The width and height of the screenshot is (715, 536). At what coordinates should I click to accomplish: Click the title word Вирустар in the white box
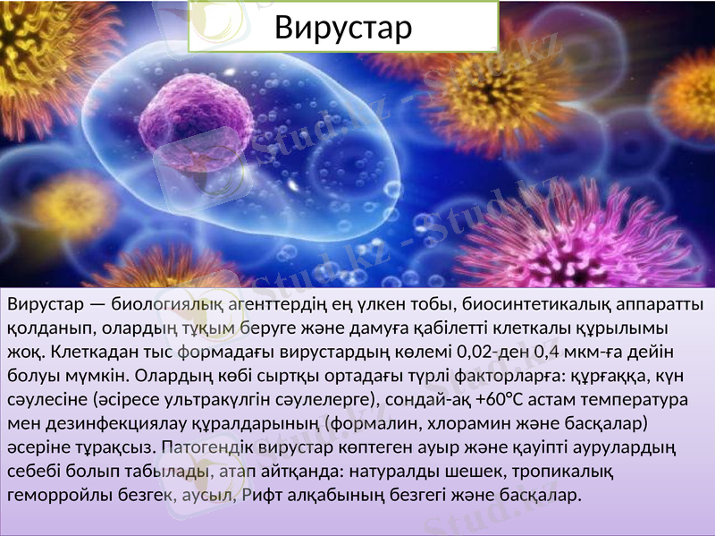[343, 28]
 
